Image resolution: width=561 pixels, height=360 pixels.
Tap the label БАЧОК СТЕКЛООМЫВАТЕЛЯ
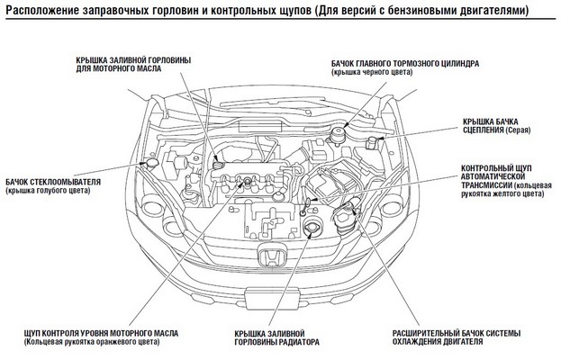pos(52,180)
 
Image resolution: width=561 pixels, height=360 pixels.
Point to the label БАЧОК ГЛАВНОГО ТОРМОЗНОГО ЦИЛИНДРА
pos(404,64)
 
